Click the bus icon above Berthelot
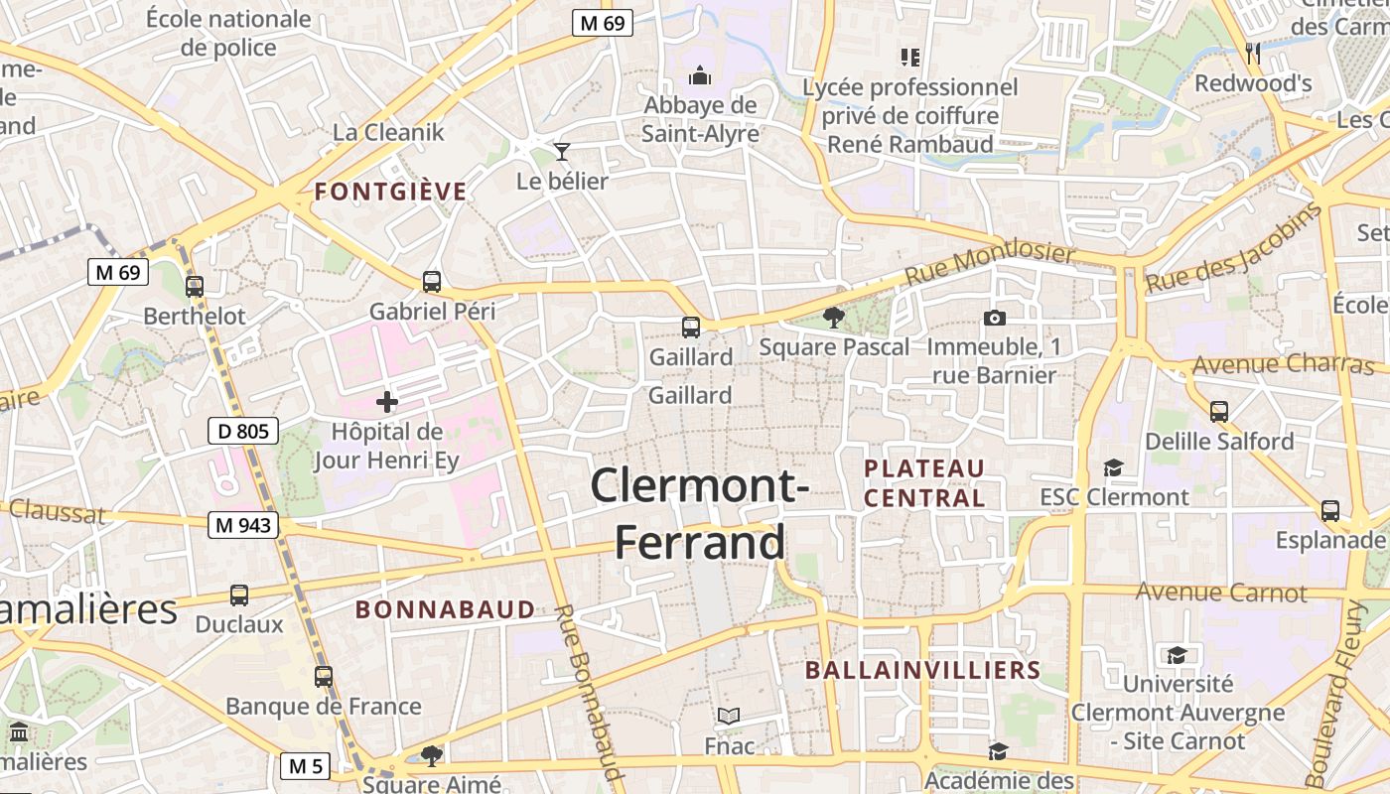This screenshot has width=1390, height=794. (195, 287)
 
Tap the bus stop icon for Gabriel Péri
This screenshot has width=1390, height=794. (432, 282)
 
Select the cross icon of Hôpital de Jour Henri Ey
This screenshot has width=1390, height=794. (387, 402)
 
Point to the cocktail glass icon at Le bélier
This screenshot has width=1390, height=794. (562, 152)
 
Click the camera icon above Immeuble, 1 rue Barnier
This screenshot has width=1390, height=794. (994, 318)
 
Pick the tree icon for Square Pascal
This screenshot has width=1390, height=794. (833, 318)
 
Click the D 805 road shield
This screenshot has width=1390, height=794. (243, 431)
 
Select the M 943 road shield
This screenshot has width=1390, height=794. (243, 525)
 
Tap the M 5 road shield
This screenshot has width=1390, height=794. (306, 766)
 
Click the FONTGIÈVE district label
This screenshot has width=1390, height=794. (390, 193)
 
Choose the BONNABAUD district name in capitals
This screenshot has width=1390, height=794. (445, 609)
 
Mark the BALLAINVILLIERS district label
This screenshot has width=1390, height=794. (922, 670)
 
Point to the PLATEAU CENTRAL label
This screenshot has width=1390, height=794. (924, 483)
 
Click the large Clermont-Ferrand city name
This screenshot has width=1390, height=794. (700, 514)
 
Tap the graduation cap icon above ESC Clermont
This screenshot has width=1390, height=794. (1114, 467)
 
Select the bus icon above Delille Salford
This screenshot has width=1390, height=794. (1219, 411)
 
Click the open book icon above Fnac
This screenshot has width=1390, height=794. (729, 716)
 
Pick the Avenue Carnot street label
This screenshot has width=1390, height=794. (1221, 593)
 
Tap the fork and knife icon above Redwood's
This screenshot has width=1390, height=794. (1253, 54)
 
